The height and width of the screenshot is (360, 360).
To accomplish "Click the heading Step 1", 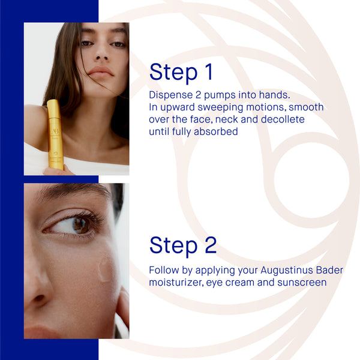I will click(x=181, y=72).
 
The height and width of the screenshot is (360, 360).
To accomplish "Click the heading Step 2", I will click(x=183, y=245).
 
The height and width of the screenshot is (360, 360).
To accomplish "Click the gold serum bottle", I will click(x=55, y=135).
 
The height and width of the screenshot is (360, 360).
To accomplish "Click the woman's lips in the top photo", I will click(x=100, y=72).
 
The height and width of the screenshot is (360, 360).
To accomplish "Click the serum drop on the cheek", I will click(x=105, y=269).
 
